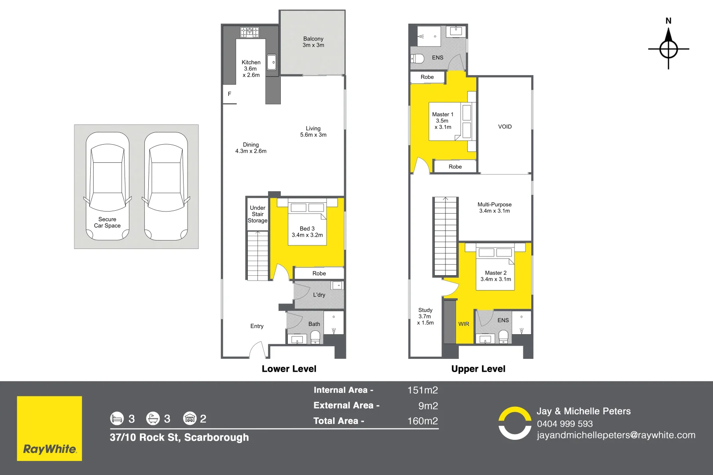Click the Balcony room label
click(313, 42)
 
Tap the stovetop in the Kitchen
click(250, 32)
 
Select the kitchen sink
click(272, 62)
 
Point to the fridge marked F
click(229, 94)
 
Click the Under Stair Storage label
click(257, 214)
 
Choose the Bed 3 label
click(307, 232)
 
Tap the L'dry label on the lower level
click(319, 295)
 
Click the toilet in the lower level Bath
click(315, 337)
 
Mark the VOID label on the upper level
click(505, 127)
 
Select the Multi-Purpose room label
click(494, 208)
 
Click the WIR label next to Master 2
click(463, 324)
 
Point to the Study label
click(425, 316)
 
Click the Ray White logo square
click(49, 428)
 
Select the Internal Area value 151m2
click(422, 390)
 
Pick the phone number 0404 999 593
click(564, 424)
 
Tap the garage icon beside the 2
click(190, 418)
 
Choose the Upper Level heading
click(478, 369)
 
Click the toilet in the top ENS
click(417, 58)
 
